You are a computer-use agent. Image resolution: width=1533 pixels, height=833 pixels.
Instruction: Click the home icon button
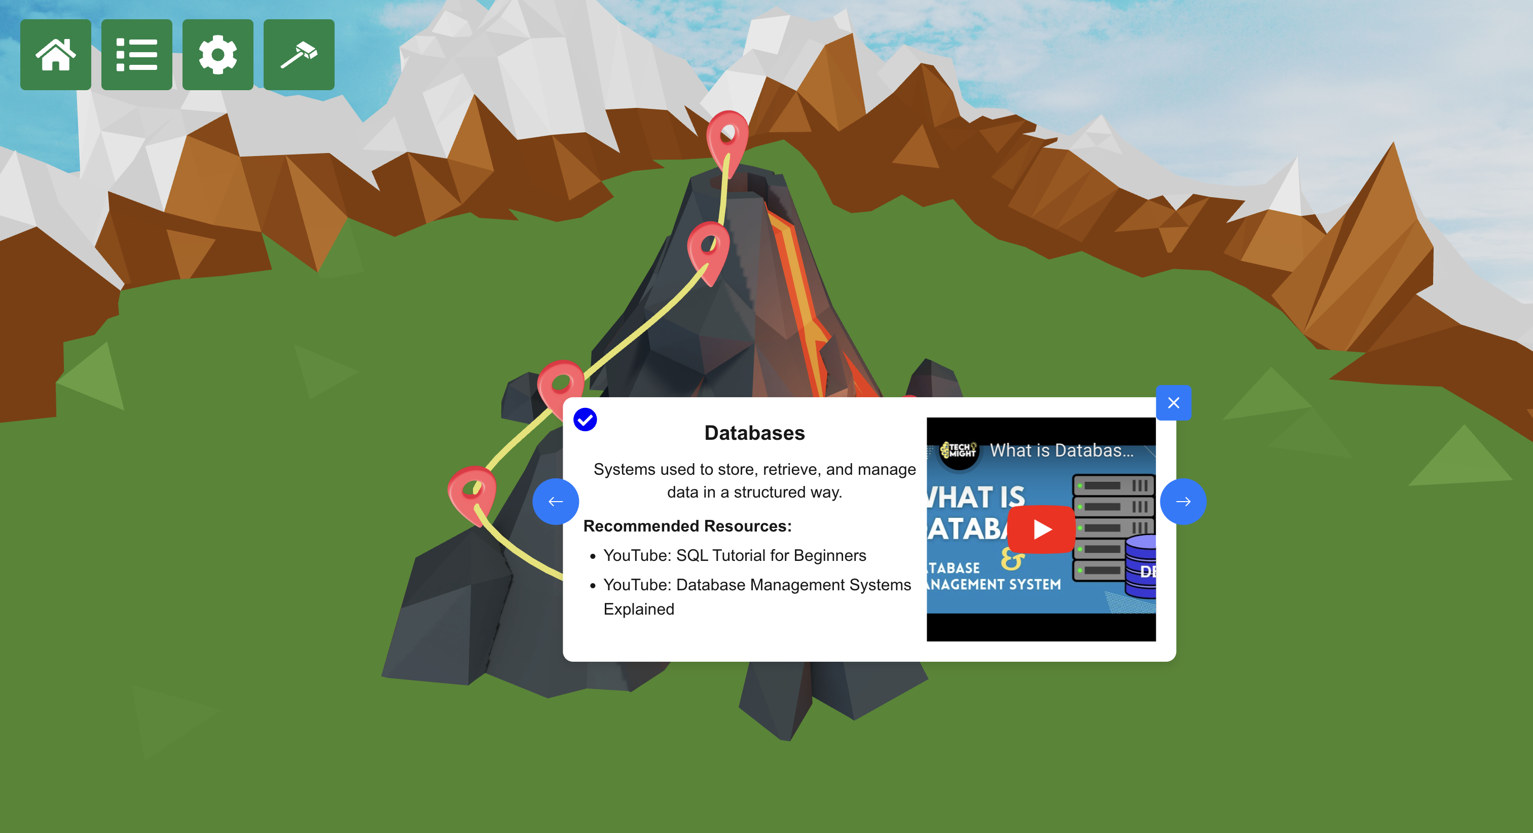(55, 55)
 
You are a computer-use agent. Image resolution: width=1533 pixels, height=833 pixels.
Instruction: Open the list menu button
(136, 55)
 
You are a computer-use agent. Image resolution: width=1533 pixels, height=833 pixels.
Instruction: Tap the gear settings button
(218, 55)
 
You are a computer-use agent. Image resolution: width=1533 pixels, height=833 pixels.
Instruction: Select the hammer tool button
(299, 55)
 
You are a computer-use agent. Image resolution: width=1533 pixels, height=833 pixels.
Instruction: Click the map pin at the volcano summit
(727, 137)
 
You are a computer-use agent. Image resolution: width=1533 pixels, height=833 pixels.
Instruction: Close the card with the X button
(1173, 403)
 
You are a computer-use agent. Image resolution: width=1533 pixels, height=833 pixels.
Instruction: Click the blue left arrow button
(555, 502)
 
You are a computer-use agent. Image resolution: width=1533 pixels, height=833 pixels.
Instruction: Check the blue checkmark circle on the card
(585, 420)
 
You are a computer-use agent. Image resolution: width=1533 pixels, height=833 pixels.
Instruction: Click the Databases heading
(754, 433)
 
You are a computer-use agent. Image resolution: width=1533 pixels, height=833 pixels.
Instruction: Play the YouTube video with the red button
(1041, 529)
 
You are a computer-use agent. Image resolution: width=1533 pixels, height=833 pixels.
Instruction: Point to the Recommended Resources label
(687, 526)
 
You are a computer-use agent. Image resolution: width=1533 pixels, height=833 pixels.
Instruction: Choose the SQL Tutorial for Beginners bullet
(735, 555)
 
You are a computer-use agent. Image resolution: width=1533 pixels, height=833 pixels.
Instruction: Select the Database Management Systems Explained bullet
(756, 585)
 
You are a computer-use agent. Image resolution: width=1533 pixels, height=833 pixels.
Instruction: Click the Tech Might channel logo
(959, 450)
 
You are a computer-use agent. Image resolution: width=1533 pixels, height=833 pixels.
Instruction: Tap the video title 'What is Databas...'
(1062, 450)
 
